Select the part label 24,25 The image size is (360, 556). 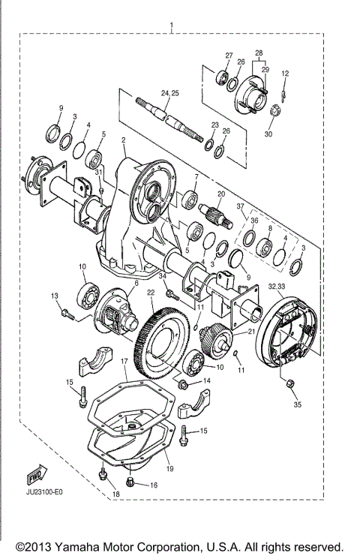point(169,92)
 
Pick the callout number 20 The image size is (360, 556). point(221,194)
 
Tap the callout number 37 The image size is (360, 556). point(240,206)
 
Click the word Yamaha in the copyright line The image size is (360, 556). point(82,545)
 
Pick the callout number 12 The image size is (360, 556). point(285,73)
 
